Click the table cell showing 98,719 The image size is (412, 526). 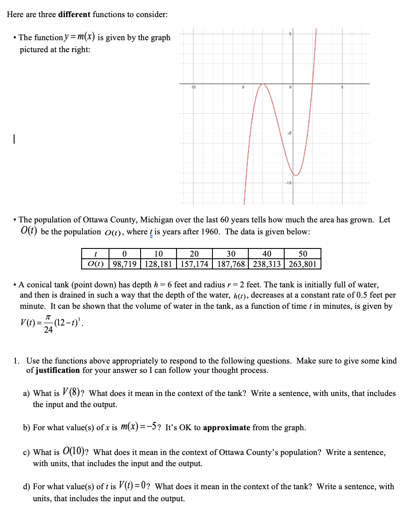(x=124, y=264)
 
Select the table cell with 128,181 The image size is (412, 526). (x=158, y=264)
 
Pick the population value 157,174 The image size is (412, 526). (x=194, y=264)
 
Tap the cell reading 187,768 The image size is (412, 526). (x=231, y=264)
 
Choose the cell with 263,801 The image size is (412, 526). (x=303, y=264)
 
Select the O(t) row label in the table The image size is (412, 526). (x=95, y=264)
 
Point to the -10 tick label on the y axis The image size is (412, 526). (x=288, y=183)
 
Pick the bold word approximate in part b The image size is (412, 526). (x=227, y=428)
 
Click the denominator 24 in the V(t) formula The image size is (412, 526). (x=48, y=330)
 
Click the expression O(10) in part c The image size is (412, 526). (x=76, y=452)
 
